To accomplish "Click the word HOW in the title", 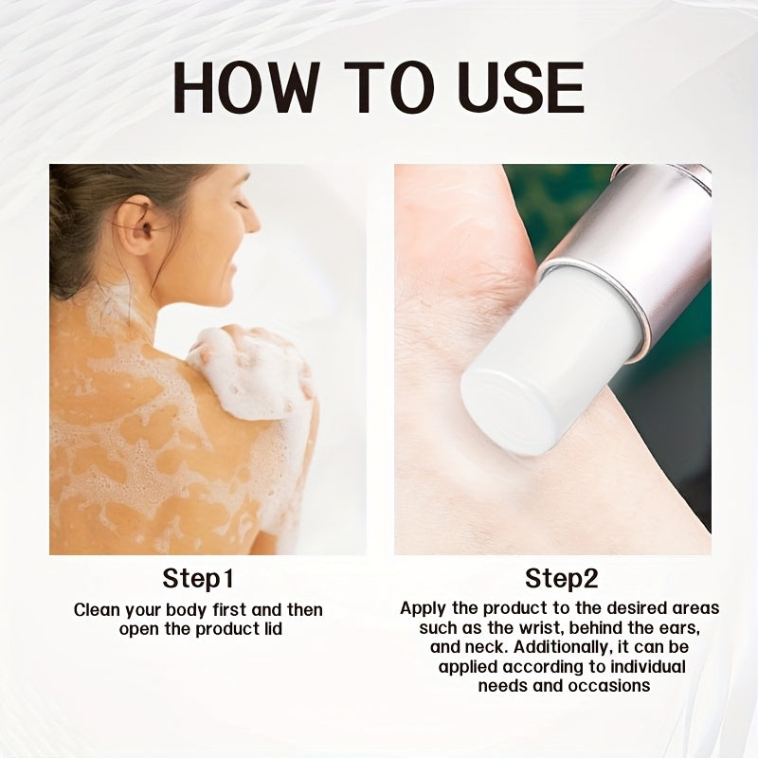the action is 246,87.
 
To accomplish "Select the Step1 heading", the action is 198,578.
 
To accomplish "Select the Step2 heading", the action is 562,578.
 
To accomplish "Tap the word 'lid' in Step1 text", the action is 273,629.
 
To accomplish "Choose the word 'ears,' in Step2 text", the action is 680,628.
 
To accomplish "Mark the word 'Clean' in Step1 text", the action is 97,609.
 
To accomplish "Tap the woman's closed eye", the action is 242,204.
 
